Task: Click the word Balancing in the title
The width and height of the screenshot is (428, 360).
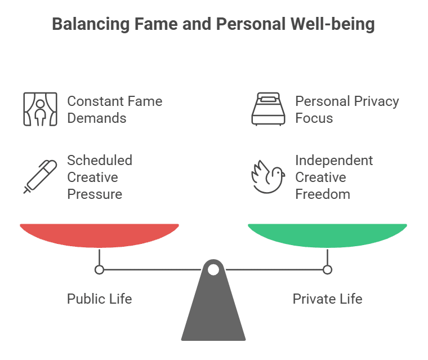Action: pos(87,25)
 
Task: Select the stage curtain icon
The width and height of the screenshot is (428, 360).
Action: pos(40,109)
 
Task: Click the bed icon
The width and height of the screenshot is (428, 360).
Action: pos(268,109)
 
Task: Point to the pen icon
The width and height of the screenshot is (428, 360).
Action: pos(40,176)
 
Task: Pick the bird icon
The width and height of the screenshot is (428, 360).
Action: pos(268,176)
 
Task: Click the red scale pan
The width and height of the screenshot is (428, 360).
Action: pos(100,234)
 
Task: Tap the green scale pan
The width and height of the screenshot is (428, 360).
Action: pos(327,234)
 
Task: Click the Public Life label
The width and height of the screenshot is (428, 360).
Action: pos(99,299)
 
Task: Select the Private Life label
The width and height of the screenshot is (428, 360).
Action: pos(327,299)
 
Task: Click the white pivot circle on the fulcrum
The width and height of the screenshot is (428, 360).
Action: pos(213,270)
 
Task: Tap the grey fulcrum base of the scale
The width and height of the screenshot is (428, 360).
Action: pos(213,315)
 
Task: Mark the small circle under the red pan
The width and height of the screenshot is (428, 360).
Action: pos(100,270)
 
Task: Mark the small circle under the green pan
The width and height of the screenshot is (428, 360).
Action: pos(327,270)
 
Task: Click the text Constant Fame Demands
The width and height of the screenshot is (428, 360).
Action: pos(114,109)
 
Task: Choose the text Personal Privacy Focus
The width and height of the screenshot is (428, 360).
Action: pos(347,109)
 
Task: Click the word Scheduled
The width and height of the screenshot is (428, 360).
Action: pos(100,160)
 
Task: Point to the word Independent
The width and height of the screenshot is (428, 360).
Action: pos(334,160)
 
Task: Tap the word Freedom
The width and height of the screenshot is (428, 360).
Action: pos(323,194)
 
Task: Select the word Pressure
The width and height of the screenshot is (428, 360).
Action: pos(95,194)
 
